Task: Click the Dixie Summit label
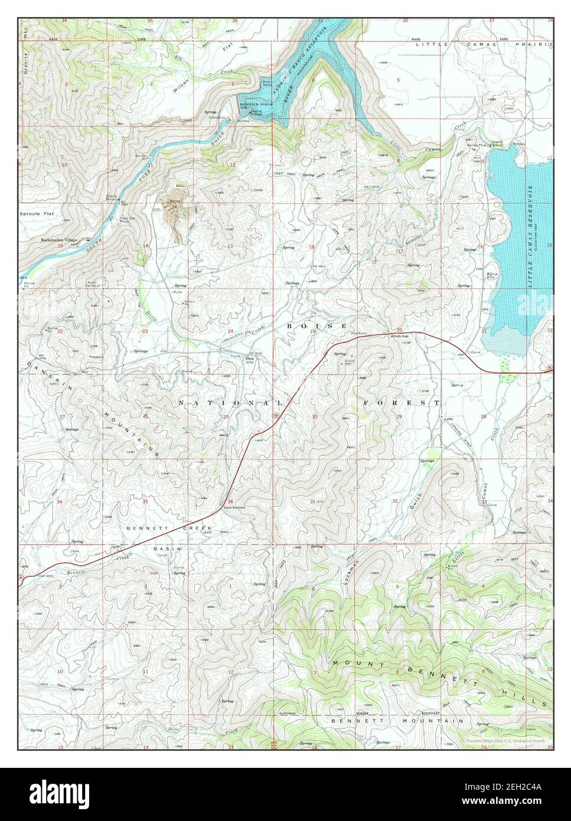[234, 507]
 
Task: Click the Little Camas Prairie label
[484, 44]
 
